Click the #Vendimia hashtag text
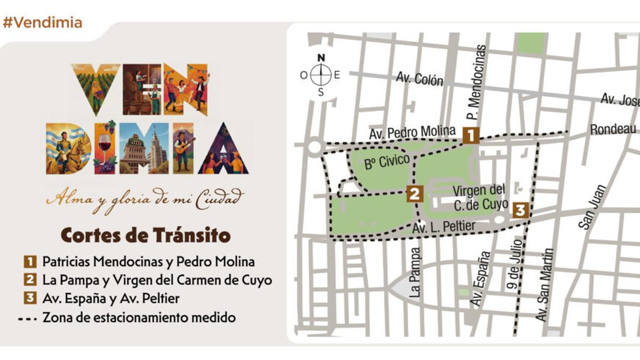[43, 22]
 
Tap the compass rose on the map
[321, 75]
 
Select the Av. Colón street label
[420, 79]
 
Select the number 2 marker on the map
[414, 193]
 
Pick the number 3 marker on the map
[521, 210]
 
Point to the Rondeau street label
[613, 129]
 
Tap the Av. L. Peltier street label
[444, 228]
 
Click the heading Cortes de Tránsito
[146, 235]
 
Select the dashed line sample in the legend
[30, 318]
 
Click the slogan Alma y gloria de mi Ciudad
[145, 198]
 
